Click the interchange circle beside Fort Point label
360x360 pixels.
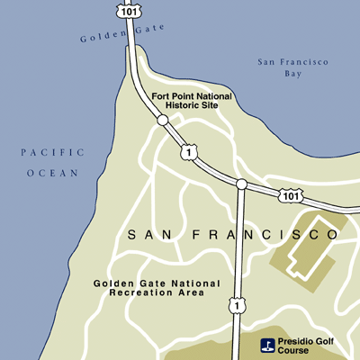click(x=162, y=120)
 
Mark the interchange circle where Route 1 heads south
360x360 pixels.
click(x=241, y=184)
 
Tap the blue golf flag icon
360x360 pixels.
click(x=266, y=344)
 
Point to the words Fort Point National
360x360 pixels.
click(x=192, y=96)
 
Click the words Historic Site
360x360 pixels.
click(x=192, y=107)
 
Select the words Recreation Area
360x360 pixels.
click(x=156, y=294)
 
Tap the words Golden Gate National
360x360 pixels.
click(x=156, y=283)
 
